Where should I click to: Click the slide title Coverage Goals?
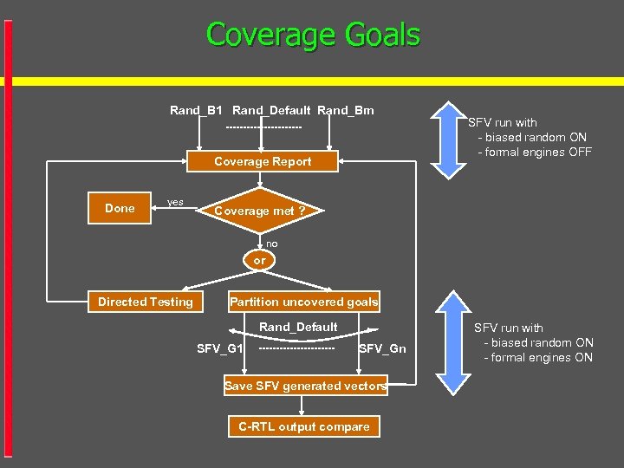pyautogui.click(x=313, y=35)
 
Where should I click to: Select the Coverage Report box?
pyautogui.click(x=263, y=161)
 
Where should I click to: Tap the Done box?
pyautogui.click(x=120, y=208)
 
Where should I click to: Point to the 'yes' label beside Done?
pyautogui.click(x=175, y=202)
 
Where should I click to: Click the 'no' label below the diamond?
pyautogui.click(x=272, y=244)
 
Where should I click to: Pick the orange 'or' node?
pyautogui.click(x=260, y=260)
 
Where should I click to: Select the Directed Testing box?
pyautogui.click(x=146, y=302)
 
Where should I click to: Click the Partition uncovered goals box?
pyautogui.click(x=303, y=302)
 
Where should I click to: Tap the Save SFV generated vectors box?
pyautogui.click(x=305, y=386)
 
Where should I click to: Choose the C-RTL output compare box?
pyautogui.click(x=303, y=426)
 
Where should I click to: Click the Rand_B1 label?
pyautogui.click(x=196, y=110)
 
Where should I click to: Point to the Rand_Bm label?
pyautogui.click(x=346, y=110)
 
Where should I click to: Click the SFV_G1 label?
pyautogui.click(x=219, y=348)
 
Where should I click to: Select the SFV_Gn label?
pyautogui.click(x=382, y=348)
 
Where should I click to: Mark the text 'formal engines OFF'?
pyautogui.click(x=539, y=152)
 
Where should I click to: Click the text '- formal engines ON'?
pyautogui.click(x=538, y=357)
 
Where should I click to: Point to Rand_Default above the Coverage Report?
pyautogui.click(x=271, y=110)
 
